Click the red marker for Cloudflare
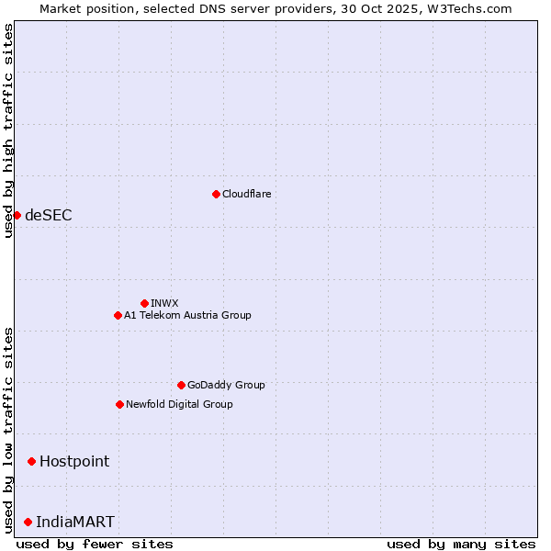[216, 194]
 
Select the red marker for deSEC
[17, 215]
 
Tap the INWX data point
[144, 303]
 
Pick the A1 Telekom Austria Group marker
[118, 315]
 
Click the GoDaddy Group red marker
[181, 385]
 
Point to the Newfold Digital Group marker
[119, 404]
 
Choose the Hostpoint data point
[31, 461]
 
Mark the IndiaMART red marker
[28, 522]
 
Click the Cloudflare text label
[246, 194]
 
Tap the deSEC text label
[49, 215]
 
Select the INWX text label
[164, 303]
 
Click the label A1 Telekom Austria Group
[187, 315]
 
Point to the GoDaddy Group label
[226, 385]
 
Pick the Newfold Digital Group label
[179, 404]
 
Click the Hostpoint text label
[74, 461]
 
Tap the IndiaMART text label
[75, 522]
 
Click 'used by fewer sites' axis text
[95, 544]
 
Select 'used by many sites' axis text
[461, 544]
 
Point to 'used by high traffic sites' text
[8, 130]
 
